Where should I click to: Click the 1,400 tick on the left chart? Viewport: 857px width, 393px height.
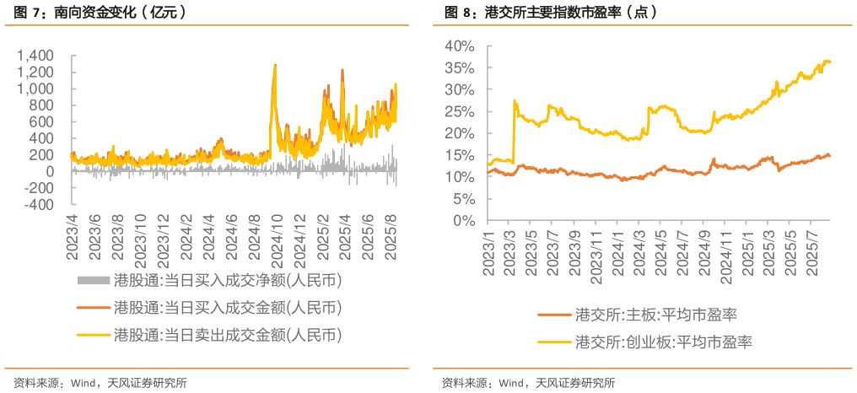[36, 55]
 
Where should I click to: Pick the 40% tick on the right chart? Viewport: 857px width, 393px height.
[461, 46]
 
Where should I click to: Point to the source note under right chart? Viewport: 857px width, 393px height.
[528, 382]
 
